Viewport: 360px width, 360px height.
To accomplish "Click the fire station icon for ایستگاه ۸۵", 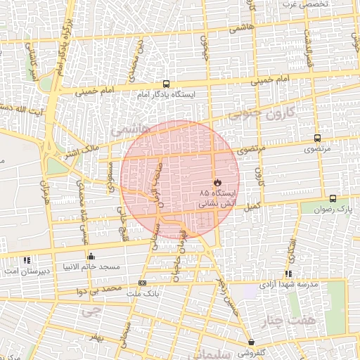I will pos(217,182).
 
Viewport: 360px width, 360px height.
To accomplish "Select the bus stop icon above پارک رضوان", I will pos(333,199).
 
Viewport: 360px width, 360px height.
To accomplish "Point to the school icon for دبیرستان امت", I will pos(27,259).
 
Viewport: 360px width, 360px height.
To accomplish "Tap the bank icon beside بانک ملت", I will pos(143,283).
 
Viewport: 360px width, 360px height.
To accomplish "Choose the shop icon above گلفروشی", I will pos(251,342).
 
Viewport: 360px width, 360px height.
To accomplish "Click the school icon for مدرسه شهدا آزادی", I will pos(288,274).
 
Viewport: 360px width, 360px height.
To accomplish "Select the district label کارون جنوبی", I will pos(278,115).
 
